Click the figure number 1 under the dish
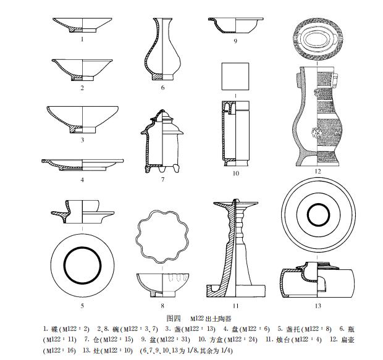(82, 38)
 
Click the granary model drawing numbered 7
(162, 143)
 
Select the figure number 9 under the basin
(235, 41)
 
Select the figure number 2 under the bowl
(82, 88)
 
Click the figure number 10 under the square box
(235, 174)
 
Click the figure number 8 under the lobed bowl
(162, 306)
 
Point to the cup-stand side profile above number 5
(82, 211)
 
